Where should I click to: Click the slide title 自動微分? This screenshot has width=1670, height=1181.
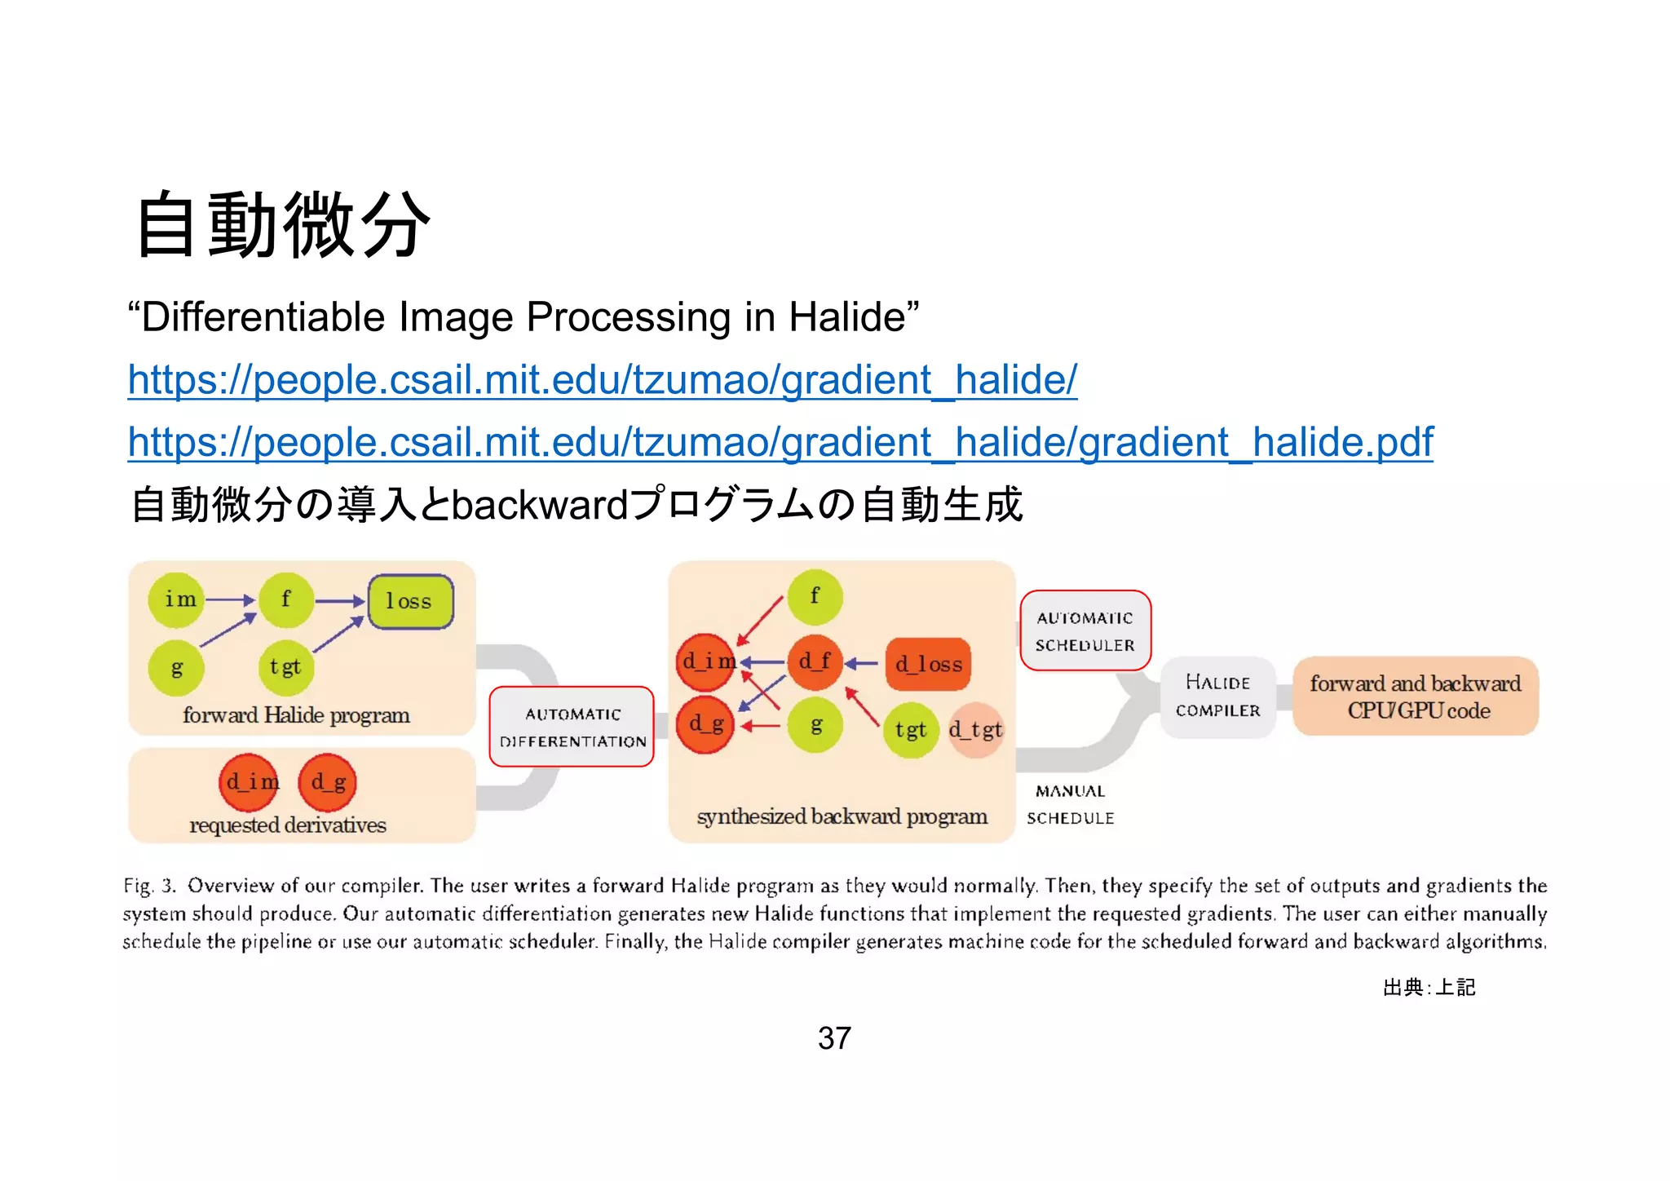282,224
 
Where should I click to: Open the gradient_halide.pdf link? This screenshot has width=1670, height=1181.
780,442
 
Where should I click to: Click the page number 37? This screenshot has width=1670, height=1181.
834,1038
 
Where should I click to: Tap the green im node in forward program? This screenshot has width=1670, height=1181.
177,600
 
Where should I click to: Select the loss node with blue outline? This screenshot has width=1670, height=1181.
410,602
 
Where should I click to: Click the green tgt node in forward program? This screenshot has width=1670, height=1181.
285,667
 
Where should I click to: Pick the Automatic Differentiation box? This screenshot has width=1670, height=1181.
572,727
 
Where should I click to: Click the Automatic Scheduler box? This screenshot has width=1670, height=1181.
1085,630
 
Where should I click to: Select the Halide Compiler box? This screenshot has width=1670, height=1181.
1217,697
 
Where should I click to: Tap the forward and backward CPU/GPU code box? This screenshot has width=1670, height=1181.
1416,696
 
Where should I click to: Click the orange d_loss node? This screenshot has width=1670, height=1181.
928,664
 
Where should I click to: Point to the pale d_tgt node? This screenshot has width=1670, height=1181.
975,729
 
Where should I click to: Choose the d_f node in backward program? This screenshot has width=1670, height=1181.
814,661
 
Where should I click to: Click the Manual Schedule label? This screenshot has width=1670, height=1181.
1070,804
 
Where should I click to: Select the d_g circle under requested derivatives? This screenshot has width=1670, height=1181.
328,782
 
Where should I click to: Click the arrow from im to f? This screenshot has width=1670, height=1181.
230,600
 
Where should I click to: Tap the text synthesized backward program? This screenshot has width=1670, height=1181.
842,816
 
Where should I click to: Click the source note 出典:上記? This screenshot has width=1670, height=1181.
1429,988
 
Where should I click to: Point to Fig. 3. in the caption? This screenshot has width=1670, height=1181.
149,886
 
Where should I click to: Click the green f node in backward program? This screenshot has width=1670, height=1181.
815,597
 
